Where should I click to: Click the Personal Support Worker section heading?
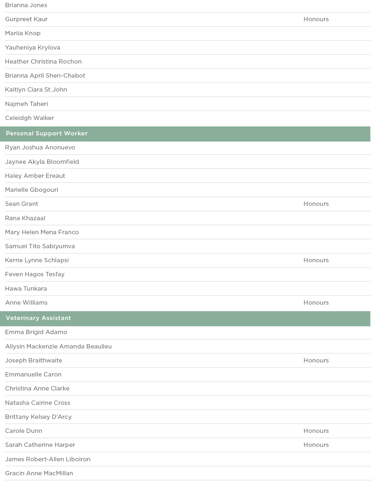47,134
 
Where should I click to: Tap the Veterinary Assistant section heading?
38,318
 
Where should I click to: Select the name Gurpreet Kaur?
26,19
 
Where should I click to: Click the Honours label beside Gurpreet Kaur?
316,19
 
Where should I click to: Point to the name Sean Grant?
22,204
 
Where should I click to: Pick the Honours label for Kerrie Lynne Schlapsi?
316,260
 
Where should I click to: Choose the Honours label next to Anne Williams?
316,303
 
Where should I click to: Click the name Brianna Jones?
26,5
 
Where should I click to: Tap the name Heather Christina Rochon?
43,62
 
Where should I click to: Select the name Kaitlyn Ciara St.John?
36,90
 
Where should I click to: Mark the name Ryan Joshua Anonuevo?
40,148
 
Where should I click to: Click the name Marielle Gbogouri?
32,190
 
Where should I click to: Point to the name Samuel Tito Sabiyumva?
40,246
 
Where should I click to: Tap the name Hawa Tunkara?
26,289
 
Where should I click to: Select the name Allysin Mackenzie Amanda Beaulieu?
58,347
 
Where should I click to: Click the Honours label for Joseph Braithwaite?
316,361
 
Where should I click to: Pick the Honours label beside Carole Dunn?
316,431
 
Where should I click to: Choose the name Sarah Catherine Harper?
40,445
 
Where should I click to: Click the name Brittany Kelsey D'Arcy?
38,417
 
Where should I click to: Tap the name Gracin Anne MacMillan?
39,473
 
